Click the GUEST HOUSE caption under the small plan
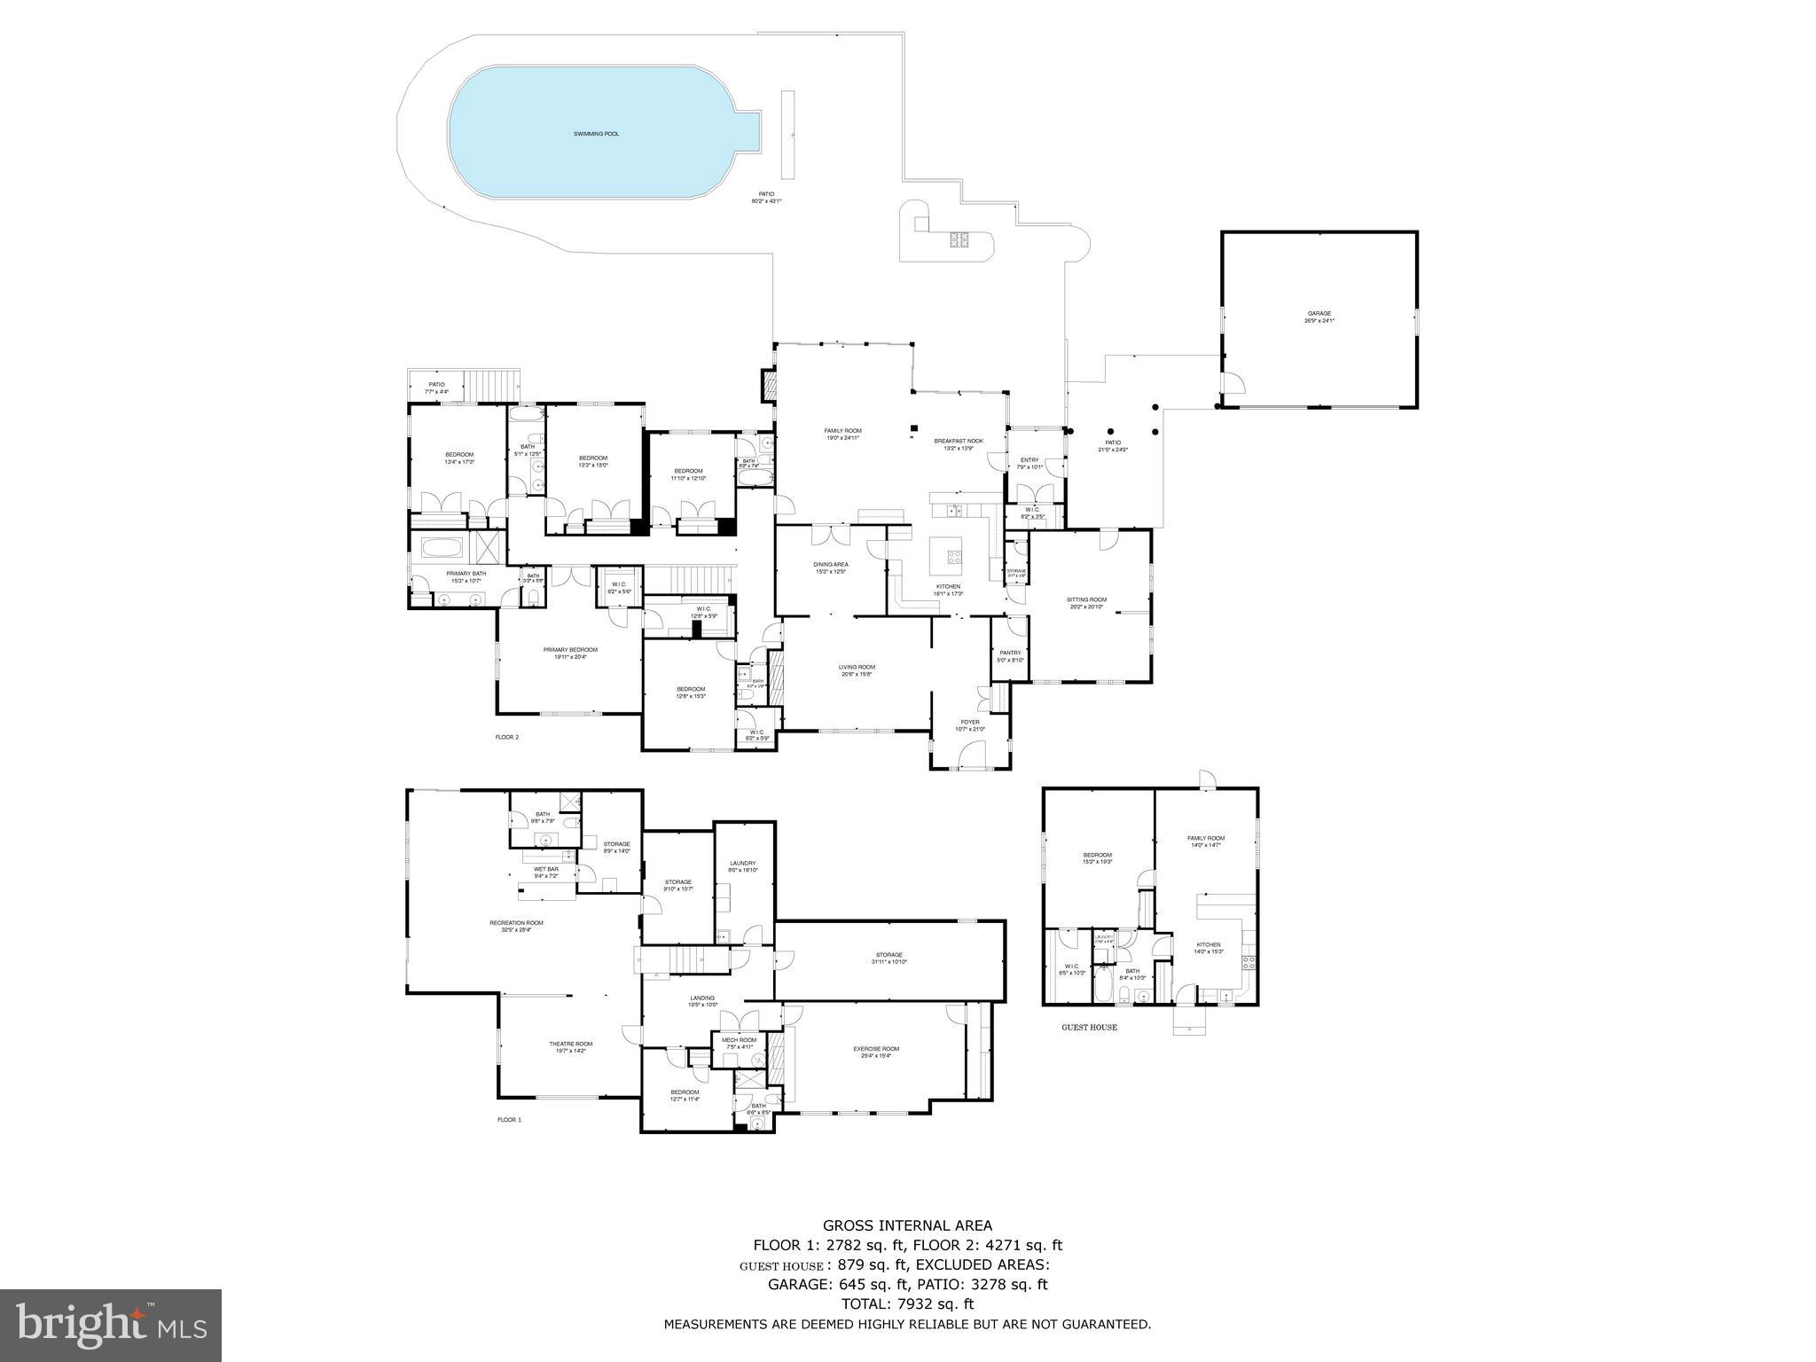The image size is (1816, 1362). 1089,1028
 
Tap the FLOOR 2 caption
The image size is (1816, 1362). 507,737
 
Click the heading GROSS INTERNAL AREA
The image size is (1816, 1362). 907,1226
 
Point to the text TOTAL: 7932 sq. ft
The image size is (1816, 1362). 907,1303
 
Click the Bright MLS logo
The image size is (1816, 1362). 111,1326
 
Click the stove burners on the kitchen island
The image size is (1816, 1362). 955,557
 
